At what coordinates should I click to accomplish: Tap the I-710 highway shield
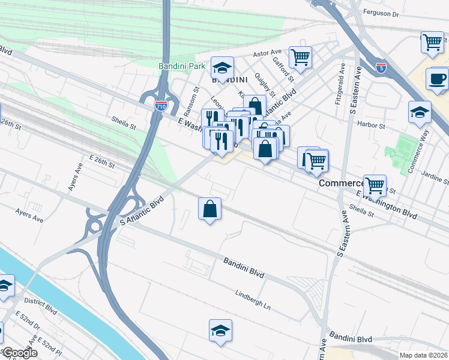[161, 106]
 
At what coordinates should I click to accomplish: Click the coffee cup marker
[437, 78]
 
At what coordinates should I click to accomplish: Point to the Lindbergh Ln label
[252, 300]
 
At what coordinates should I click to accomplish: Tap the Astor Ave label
[267, 53]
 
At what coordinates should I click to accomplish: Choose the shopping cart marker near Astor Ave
[300, 58]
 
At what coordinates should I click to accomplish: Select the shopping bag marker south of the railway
[210, 209]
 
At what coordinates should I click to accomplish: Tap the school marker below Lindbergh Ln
[220, 330]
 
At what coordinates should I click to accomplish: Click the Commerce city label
[342, 183]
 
